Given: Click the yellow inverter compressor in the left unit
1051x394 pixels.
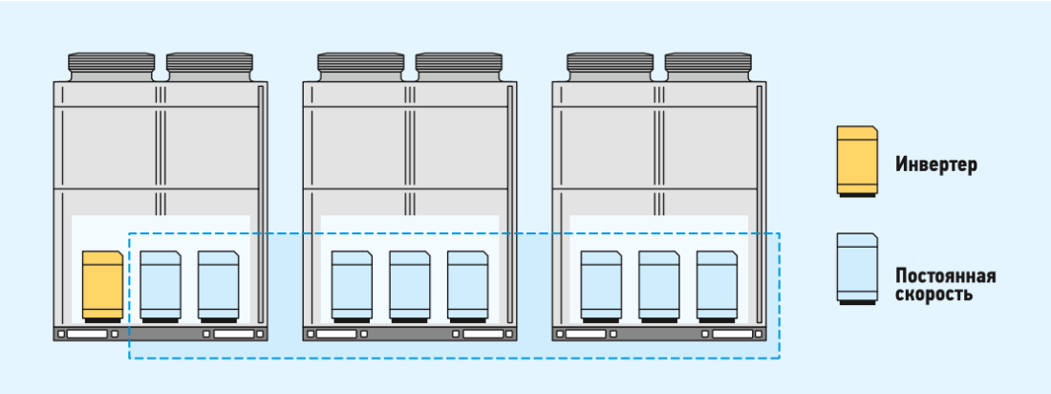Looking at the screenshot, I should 102,285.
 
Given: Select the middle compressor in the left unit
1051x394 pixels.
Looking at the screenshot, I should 161,285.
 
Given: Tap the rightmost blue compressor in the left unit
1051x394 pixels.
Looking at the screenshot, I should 218,285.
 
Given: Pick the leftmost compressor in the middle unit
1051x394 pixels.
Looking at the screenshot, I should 352,285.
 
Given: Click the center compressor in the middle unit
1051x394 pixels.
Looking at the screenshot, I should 410,285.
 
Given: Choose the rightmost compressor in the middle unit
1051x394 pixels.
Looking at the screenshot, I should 467,285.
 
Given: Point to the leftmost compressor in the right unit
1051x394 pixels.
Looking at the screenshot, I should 601,285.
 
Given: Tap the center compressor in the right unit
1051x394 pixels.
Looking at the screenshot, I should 659,285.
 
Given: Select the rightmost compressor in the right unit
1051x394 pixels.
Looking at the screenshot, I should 717,285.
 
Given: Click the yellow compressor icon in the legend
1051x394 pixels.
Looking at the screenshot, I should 856,162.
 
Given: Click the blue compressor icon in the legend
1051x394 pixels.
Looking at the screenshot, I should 856,269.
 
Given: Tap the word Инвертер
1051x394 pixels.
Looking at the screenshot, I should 936,164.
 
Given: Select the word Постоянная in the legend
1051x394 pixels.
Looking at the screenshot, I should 945,276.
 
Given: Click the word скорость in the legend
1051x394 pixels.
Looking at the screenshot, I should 933,295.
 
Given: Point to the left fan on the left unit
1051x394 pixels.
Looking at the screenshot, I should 111,66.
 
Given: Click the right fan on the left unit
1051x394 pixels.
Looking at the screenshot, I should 209,66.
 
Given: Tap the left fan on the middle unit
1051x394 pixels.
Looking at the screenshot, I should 360,66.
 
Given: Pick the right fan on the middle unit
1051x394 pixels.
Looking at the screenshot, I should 459,66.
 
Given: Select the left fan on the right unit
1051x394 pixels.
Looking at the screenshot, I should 610,66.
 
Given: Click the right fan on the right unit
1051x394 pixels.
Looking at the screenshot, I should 708,66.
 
